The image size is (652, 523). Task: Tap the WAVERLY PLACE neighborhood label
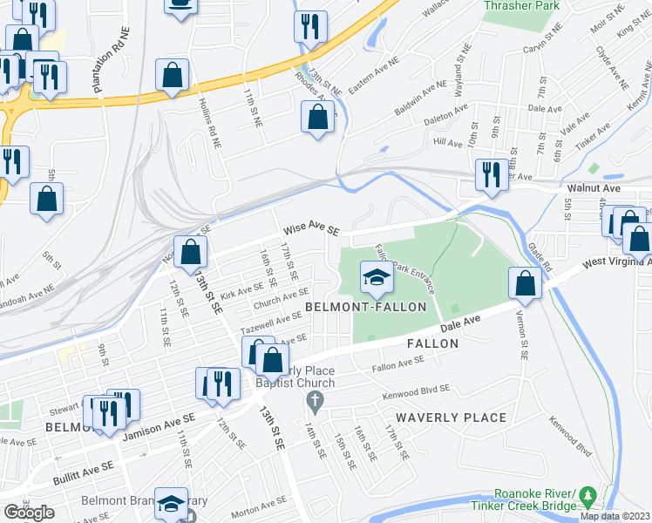tap(450, 418)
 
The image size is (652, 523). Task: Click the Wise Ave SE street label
tap(309, 230)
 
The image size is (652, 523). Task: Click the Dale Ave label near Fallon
tap(460, 324)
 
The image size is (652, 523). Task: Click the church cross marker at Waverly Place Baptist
tap(315, 401)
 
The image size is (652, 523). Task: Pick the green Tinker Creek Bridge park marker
tap(589, 494)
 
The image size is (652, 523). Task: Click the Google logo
tap(29, 513)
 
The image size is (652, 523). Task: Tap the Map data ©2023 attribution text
tap(615, 516)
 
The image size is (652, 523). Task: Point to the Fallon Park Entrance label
tap(397, 268)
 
